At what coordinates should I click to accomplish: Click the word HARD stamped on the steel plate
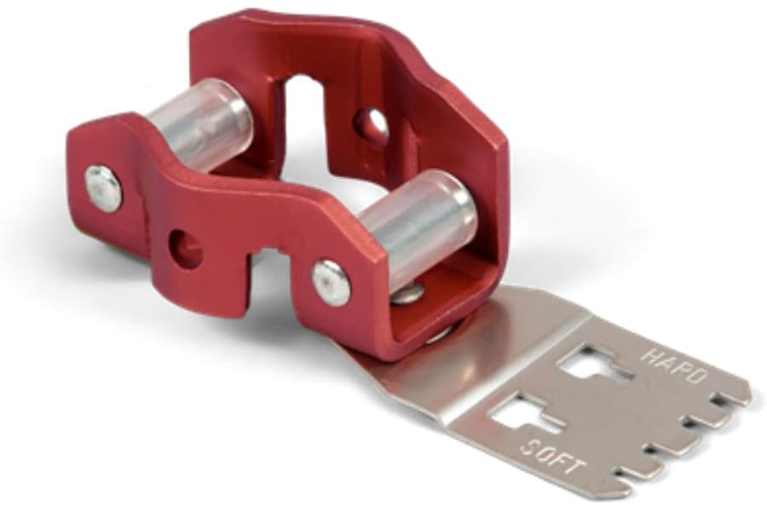(674, 365)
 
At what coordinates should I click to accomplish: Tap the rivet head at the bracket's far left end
(103, 189)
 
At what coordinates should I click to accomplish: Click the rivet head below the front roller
(332, 284)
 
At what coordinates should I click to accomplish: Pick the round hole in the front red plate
(186, 249)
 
